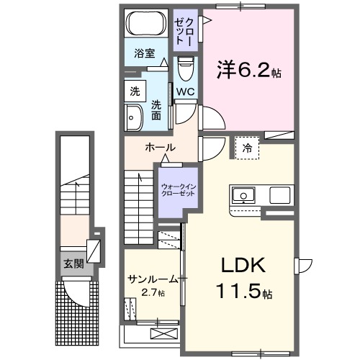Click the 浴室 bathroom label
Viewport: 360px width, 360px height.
click(145, 53)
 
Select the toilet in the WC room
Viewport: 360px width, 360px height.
click(184, 68)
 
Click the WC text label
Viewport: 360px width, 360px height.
click(184, 91)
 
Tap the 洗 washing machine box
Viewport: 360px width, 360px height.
click(135, 91)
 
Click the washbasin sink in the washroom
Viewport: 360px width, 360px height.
click(134, 117)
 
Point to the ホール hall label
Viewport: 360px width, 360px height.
click(160, 148)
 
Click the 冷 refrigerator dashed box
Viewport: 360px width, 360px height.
click(247, 148)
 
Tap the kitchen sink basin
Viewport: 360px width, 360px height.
click(243, 195)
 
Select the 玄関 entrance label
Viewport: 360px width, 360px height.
click(73, 264)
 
